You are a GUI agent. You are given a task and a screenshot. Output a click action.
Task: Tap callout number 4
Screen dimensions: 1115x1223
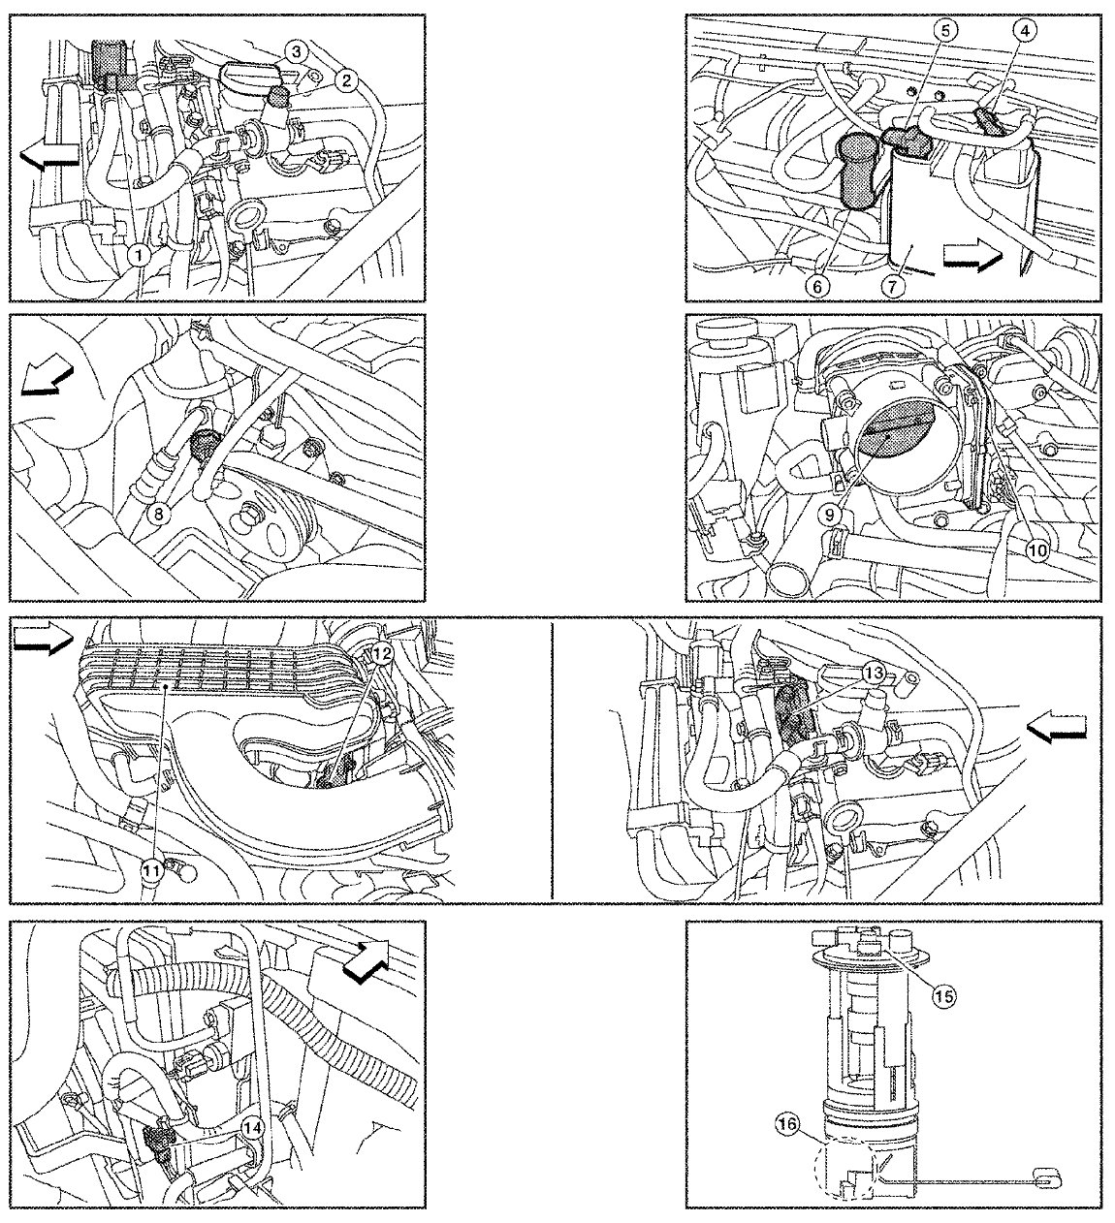tap(1024, 32)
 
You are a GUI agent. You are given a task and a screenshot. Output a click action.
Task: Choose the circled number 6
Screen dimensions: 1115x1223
tap(818, 285)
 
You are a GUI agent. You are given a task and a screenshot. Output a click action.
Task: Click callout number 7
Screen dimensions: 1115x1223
tap(893, 285)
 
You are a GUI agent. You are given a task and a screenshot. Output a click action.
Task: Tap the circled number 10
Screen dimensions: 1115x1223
tap(1037, 550)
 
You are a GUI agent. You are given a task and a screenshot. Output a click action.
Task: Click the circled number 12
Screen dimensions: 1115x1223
tap(382, 654)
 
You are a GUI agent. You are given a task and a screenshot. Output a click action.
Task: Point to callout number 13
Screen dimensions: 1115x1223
tap(874, 674)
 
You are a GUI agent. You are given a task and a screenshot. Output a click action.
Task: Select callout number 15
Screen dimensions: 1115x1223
tap(944, 995)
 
